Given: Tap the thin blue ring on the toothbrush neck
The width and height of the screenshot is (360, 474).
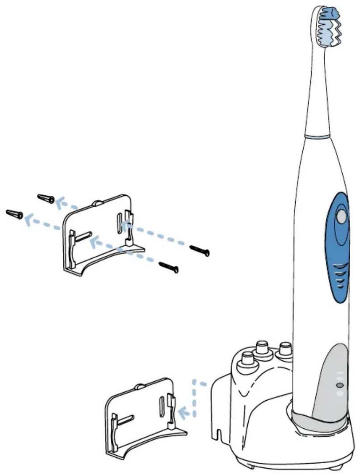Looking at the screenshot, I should [317, 136].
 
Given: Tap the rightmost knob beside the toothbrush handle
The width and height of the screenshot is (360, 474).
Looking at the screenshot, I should [286, 349].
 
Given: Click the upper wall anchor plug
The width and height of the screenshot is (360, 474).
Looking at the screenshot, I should [46, 198].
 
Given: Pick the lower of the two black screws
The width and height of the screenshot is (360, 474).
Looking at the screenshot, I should [169, 267].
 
